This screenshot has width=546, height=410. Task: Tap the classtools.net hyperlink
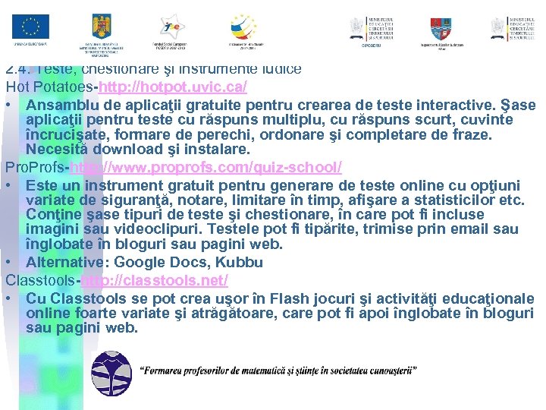coord(155,280)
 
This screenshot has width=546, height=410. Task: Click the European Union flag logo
coord(30,28)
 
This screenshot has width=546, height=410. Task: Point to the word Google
coord(147,262)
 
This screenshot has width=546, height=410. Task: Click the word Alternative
coord(67,262)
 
